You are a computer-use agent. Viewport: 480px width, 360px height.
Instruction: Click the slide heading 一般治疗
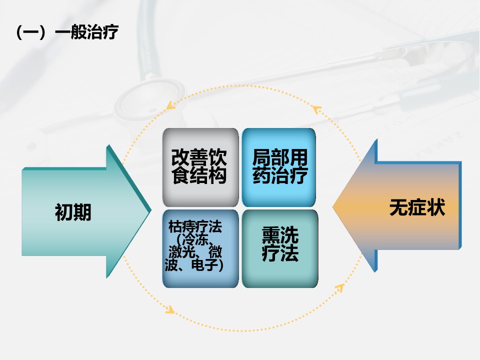click(86, 32)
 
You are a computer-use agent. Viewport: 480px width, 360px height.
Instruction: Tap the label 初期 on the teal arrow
click(73, 212)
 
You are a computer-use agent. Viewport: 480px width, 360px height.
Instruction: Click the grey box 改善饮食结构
click(200, 167)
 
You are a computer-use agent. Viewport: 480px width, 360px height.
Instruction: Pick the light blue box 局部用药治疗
click(279, 167)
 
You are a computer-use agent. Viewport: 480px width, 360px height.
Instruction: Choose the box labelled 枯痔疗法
click(200, 248)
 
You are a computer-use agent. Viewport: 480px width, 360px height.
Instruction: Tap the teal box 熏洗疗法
click(280, 248)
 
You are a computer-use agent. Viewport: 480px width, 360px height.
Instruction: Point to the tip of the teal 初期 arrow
click(151, 210)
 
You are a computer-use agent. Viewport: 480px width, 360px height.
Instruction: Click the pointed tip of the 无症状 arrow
click(333, 206)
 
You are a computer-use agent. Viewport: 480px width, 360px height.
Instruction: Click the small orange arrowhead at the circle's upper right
click(317, 109)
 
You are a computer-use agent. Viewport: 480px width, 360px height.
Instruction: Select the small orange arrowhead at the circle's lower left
click(170, 309)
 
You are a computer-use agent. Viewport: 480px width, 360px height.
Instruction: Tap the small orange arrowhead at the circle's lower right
click(339, 288)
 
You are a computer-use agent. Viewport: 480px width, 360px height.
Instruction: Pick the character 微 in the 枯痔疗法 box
click(215, 252)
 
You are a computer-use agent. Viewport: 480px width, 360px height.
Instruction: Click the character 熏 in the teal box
click(271, 235)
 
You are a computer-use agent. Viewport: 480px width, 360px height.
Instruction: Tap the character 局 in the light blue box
click(261, 157)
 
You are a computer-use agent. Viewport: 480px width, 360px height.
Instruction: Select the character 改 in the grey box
click(180, 157)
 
